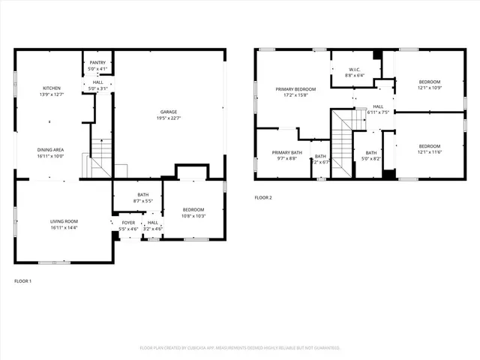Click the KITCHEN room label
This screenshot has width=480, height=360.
[51, 88]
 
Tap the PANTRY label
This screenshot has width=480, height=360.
[97, 62]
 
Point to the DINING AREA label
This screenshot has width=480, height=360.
[51, 150]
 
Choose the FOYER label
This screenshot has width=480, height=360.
[128, 223]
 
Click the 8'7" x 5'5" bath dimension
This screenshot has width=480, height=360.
[142, 201]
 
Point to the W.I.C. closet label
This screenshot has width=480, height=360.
[355, 69]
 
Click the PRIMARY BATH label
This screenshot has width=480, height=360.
[286, 152]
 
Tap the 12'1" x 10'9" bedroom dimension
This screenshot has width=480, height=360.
[429, 88]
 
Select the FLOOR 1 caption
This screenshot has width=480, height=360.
[23, 280]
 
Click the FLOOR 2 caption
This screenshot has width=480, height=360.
[262, 197]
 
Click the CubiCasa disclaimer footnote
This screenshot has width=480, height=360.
[240, 348]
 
